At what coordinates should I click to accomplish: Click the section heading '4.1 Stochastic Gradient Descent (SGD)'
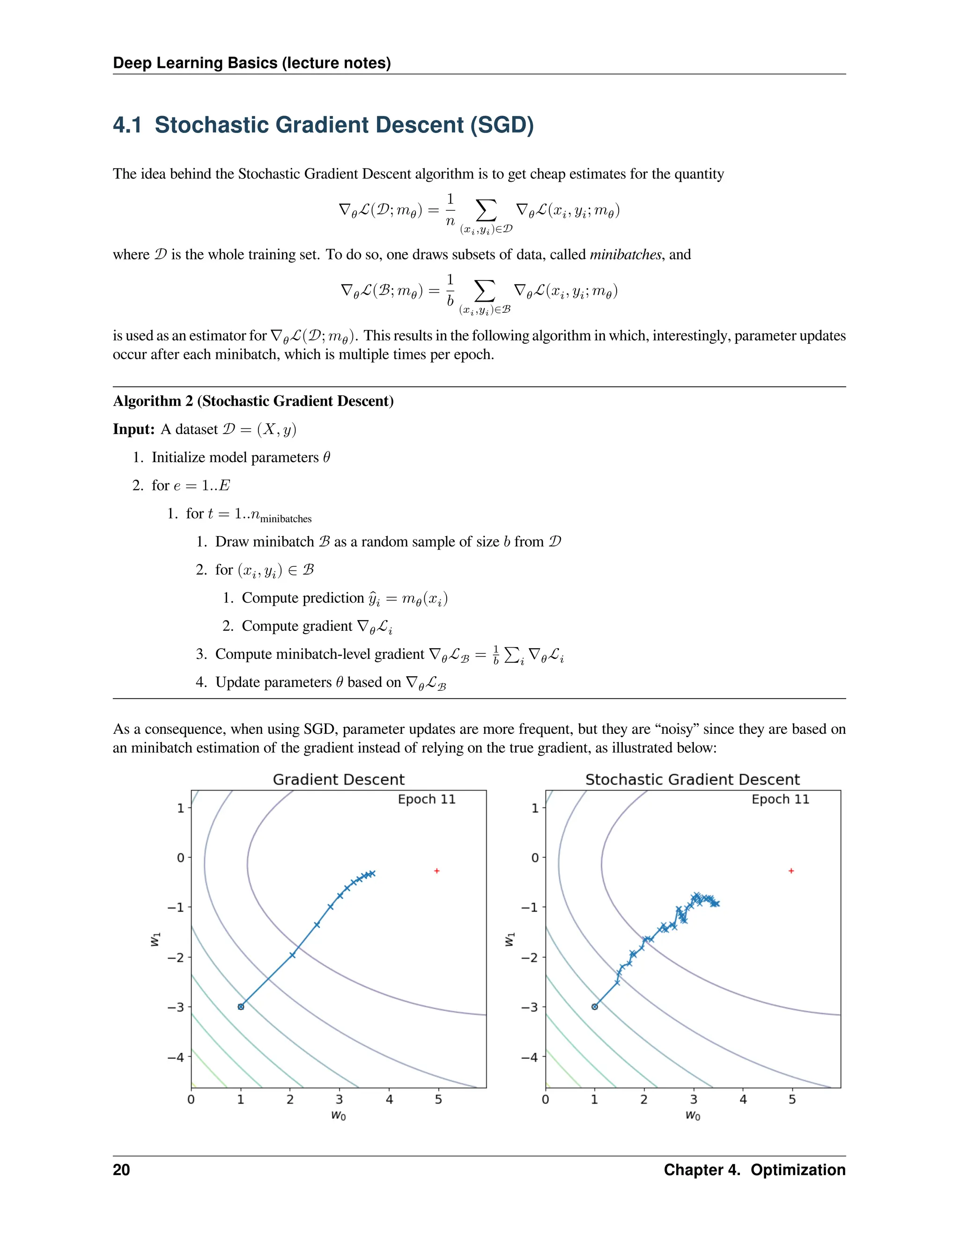tap(323, 125)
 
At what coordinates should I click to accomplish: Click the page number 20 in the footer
tap(122, 1170)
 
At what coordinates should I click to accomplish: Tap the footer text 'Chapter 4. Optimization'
tap(754, 1170)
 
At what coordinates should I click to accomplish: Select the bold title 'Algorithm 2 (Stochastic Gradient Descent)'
tap(253, 401)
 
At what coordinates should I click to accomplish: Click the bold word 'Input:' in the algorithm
tap(133, 429)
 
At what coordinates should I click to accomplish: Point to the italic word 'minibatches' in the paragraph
tap(625, 255)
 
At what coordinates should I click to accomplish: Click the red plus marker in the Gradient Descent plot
tap(437, 871)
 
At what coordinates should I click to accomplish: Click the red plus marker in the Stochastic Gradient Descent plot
tap(791, 871)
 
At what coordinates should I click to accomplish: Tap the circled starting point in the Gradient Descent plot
tap(241, 1006)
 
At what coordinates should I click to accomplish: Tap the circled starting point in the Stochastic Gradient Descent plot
tap(595, 1006)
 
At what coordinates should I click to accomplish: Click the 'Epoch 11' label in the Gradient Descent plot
tap(427, 799)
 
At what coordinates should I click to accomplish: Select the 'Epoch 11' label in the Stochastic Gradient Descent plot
tap(780, 799)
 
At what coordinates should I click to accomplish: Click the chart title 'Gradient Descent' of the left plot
tap(339, 780)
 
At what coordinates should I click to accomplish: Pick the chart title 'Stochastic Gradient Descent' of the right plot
tap(692, 780)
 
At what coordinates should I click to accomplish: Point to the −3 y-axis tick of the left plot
tap(176, 1007)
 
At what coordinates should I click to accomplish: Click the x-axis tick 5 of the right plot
tap(792, 1100)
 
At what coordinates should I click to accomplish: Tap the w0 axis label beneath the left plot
tap(339, 1115)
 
